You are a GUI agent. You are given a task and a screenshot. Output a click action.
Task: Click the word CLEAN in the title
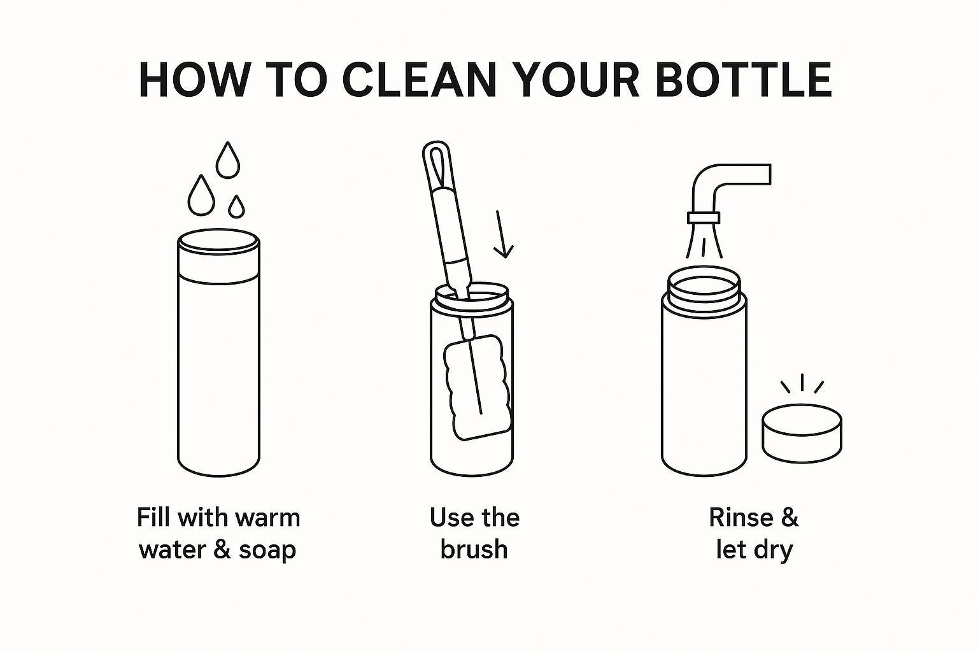point(420,80)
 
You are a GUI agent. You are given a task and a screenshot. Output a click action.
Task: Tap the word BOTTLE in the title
point(744,80)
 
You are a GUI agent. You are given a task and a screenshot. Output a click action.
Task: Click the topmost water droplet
point(228,160)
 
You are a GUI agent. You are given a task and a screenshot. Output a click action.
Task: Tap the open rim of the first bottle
point(218,241)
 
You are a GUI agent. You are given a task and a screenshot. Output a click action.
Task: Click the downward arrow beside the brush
point(502,234)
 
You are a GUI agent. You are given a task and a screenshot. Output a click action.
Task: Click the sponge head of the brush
point(478,387)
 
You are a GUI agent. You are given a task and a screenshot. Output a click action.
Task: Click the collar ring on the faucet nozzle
point(704,218)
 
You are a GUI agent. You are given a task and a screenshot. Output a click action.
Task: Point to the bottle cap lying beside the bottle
point(802,433)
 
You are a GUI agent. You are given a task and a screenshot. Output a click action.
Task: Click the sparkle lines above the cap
point(802,383)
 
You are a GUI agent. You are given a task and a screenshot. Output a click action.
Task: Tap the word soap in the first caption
point(267,550)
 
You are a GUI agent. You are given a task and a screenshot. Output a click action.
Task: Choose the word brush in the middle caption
point(474,549)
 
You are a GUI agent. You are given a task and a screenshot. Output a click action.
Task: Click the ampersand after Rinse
point(790,518)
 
